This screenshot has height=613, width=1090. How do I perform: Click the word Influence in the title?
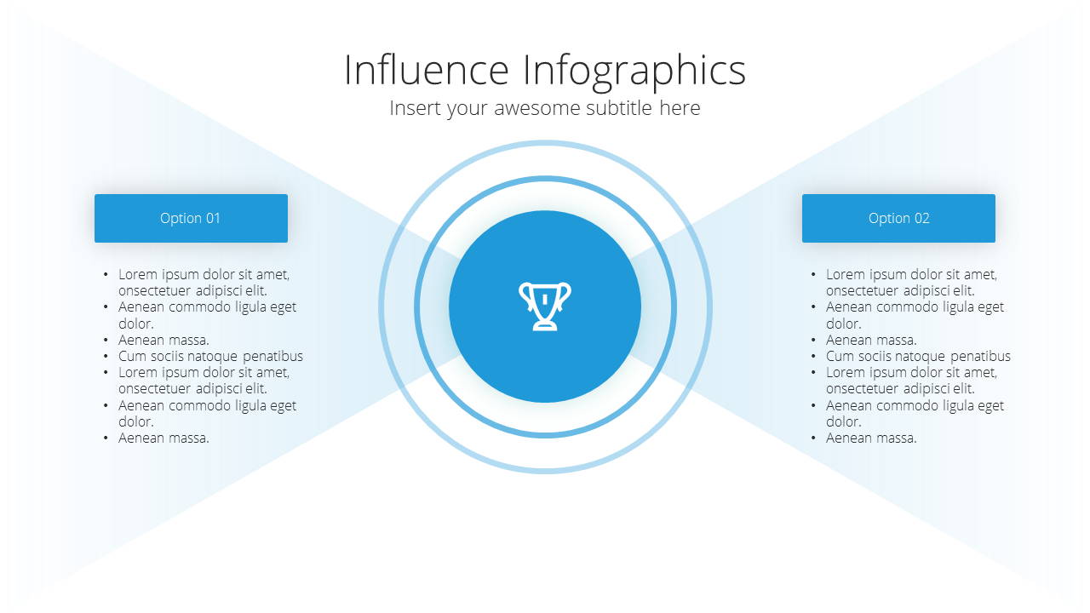[x=427, y=70]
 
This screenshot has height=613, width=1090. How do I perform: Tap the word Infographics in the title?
[x=634, y=72]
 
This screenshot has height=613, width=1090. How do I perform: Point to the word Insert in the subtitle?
[x=414, y=108]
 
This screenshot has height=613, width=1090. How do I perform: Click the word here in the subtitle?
[x=680, y=108]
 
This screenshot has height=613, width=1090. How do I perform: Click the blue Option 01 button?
[x=191, y=218]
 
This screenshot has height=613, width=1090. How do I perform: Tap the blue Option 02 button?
[x=898, y=218]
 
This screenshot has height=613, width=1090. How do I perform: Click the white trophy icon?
[x=544, y=306]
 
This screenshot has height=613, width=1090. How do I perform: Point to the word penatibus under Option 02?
[x=980, y=357]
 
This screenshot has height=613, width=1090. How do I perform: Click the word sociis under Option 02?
[x=875, y=356]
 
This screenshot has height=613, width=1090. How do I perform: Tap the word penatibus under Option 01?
[x=272, y=357]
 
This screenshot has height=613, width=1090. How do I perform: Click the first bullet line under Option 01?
[x=204, y=274]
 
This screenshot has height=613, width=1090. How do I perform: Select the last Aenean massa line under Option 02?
[x=871, y=438]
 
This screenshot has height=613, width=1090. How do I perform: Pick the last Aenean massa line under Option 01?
[x=163, y=438]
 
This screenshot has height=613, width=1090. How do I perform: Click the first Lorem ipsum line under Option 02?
[x=911, y=274]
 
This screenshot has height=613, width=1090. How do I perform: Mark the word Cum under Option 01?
[x=132, y=356]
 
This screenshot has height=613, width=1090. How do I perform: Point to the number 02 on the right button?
[x=921, y=218]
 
